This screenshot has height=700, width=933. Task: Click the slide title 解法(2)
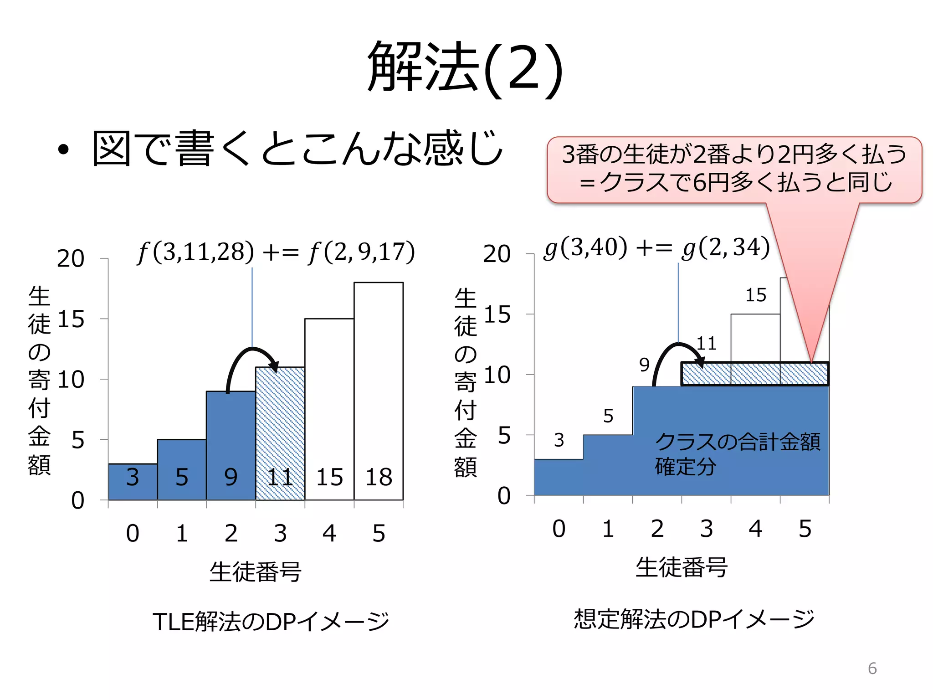(466, 67)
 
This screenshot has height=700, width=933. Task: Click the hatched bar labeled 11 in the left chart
(280, 433)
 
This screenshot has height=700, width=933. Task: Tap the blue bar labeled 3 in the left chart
(133, 481)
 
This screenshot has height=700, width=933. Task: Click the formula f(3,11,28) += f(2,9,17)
(276, 252)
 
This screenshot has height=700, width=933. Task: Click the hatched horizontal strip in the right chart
(754, 374)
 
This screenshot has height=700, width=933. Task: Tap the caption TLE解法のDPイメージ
(271, 622)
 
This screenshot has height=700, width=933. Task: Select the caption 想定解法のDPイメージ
(694, 619)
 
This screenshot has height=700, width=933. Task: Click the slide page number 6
(872, 668)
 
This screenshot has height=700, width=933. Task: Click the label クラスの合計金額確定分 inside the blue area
(737, 453)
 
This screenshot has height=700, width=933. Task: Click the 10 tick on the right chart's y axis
(497, 375)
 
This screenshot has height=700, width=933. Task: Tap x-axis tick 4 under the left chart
(329, 533)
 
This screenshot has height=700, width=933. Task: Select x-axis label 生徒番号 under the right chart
(681, 567)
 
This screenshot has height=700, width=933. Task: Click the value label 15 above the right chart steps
(755, 295)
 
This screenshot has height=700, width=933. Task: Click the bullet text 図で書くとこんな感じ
(297, 149)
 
